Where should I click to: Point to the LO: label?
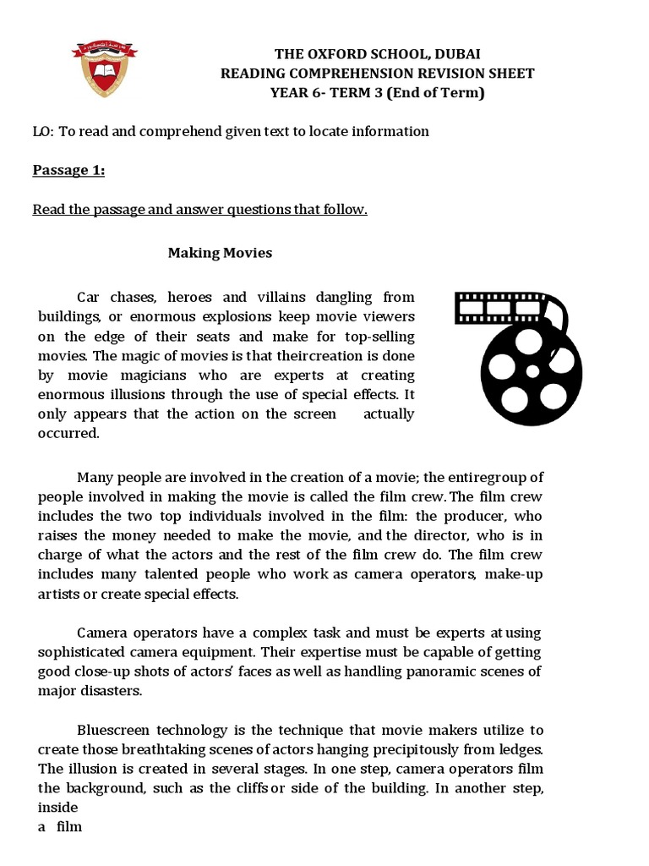click(x=43, y=131)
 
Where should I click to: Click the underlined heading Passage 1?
click(x=68, y=171)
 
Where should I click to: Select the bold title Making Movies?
click(x=220, y=253)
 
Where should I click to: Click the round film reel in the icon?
click(x=532, y=372)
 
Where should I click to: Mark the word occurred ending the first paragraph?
click(x=68, y=433)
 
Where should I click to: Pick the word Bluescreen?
click(x=113, y=730)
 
